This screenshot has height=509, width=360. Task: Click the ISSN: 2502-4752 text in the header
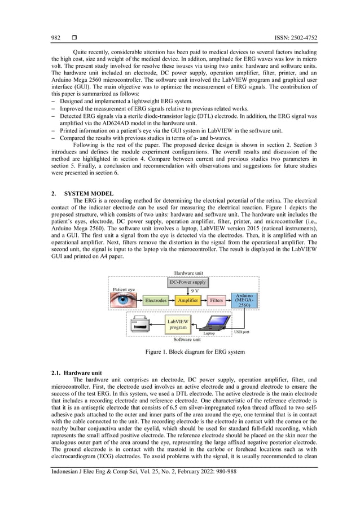[295, 38]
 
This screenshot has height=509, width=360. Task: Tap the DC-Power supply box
[188, 282]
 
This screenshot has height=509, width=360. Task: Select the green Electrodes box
[156, 301]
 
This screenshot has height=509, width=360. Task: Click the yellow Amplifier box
[188, 301]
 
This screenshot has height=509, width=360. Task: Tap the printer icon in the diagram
[139, 326]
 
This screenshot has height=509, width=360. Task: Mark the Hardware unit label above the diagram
[188, 273]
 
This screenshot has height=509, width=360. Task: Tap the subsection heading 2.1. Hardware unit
[83, 373]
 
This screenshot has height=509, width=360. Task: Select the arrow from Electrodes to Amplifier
[172, 301]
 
